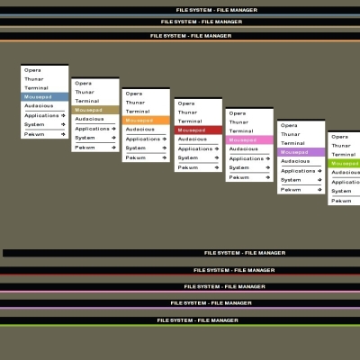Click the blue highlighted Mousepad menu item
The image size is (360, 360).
[44, 97]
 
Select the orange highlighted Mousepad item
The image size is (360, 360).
[146, 121]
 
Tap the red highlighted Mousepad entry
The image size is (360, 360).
[198, 130]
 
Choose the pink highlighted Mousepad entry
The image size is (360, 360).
[249, 140]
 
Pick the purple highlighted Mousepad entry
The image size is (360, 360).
[301, 152]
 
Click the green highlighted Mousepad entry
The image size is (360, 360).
[344, 164]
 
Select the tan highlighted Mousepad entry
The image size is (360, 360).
[95, 110]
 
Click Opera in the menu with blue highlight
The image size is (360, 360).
[32, 70]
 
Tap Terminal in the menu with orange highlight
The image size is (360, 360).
[138, 112]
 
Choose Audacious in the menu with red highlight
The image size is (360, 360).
[193, 139]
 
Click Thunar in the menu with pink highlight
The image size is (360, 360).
[238, 122]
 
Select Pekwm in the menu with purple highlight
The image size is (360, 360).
[291, 190]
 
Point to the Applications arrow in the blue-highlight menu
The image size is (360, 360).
[63, 115]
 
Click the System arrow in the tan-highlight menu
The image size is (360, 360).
[113, 138]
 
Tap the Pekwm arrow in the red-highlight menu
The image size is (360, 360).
[217, 167]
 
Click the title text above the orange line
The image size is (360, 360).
[191, 36]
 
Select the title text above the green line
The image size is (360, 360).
[198, 320]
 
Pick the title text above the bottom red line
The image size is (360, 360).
[234, 270]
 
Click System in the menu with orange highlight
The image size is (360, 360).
[136, 148]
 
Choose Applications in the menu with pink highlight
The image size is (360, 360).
[247, 158]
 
